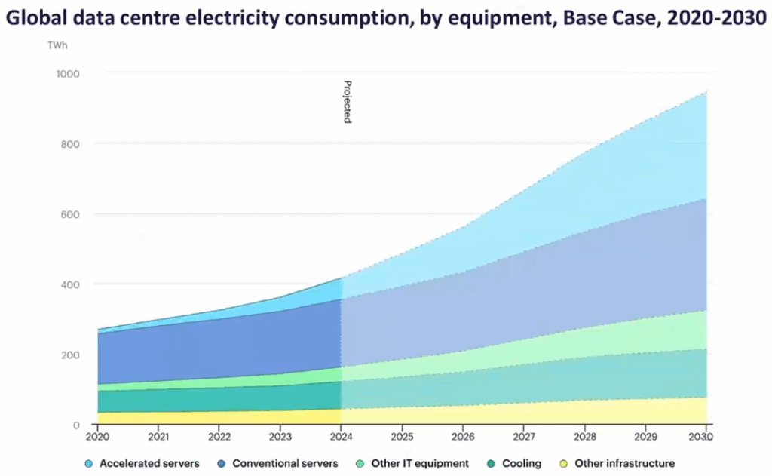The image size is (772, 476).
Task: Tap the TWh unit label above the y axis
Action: point(57,45)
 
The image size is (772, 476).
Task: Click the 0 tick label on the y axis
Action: point(76,425)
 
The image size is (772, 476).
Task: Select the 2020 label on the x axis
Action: point(97,437)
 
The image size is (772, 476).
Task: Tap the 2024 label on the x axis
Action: point(341,437)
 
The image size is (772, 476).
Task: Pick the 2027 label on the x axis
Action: point(524,437)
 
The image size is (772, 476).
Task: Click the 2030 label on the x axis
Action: point(702,437)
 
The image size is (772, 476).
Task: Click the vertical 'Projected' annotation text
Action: point(348,102)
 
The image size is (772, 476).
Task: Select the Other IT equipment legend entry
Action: point(415,463)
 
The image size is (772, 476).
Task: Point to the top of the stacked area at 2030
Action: point(706,92)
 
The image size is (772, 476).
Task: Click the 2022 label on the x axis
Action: point(219,437)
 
